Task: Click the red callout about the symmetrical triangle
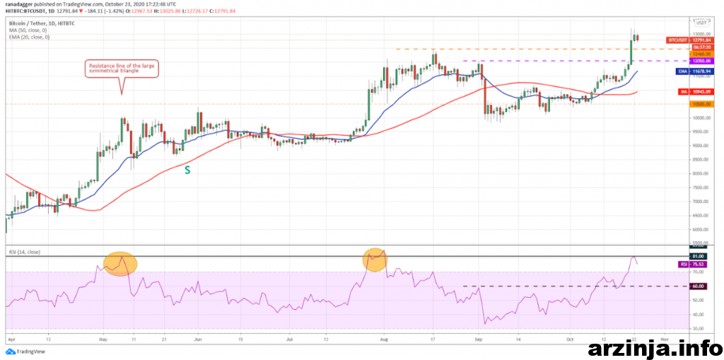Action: (x=122, y=69)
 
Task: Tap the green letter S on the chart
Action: (x=187, y=170)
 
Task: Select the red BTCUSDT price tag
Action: (x=682, y=40)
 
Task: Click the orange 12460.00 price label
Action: (x=682, y=54)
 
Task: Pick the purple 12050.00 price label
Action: (x=682, y=61)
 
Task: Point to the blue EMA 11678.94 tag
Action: (x=682, y=71)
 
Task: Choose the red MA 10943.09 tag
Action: (x=682, y=91)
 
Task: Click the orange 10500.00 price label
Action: (x=682, y=104)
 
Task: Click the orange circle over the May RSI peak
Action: (x=120, y=264)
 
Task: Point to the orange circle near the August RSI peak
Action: (x=375, y=260)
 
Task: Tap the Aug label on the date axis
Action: (x=385, y=339)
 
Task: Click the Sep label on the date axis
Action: (x=478, y=339)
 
